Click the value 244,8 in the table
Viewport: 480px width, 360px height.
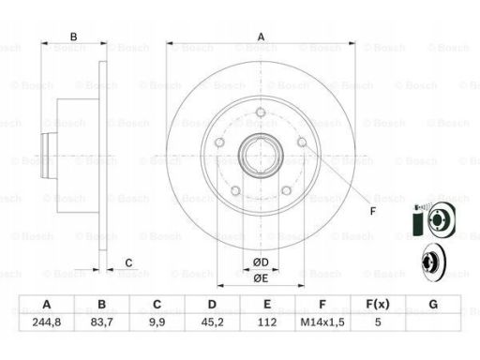click(47, 322)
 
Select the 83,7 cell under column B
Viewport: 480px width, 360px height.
click(101, 322)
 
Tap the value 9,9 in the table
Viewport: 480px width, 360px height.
click(157, 322)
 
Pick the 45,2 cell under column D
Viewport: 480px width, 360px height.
click(212, 322)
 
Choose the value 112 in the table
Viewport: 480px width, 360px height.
click(267, 322)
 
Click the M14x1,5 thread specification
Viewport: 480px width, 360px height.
click(322, 322)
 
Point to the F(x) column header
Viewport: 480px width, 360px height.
click(378, 304)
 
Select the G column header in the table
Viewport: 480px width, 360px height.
click(433, 304)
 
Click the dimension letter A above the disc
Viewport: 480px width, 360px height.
click(261, 37)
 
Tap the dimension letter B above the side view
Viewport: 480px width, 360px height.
click(73, 37)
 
